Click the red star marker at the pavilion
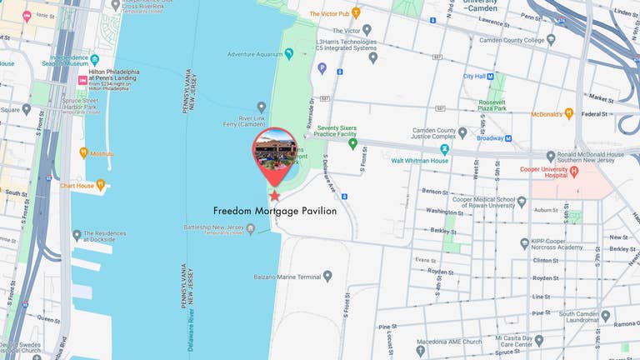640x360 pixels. click(x=275, y=195)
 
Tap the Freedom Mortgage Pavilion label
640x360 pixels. click(x=275, y=212)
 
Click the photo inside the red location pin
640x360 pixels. click(x=275, y=152)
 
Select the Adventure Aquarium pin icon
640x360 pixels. click(x=289, y=54)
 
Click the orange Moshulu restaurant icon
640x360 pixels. click(x=83, y=152)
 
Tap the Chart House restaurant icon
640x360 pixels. click(x=100, y=185)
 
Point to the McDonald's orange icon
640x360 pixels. click(x=569, y=113)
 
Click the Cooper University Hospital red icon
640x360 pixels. click(x=574, y=170)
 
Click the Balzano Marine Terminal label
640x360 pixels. click(x=286, y=277)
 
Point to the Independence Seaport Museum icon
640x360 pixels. click(x=94, y=59)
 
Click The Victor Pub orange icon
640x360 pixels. click(x=356, y=13)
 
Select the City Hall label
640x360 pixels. click(x=474, y=76)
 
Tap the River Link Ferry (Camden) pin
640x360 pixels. click(x=262, y=107)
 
